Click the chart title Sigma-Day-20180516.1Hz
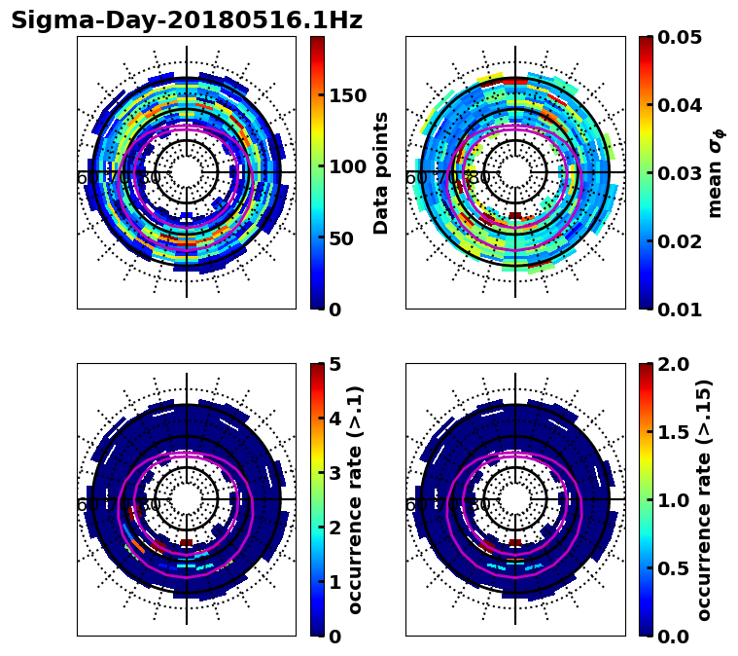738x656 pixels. tap(187, 21)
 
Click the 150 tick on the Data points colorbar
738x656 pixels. tap(347, 95)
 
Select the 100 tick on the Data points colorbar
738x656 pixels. tap(347, 166)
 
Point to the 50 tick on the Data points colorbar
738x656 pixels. tap(341, 238)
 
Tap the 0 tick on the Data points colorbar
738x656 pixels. tap(335, 310)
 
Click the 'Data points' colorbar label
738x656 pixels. tap(381, 173)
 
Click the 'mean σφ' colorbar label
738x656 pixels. tap(716, 173)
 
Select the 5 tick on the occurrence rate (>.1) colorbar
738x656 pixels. tap(335, 364)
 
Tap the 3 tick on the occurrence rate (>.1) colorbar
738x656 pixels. tap(335, 473)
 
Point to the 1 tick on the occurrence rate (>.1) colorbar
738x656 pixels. tap(335, 582)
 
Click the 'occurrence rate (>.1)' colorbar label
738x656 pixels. tap(356, 500)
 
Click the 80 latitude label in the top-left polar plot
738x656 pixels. tap(150, 178)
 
